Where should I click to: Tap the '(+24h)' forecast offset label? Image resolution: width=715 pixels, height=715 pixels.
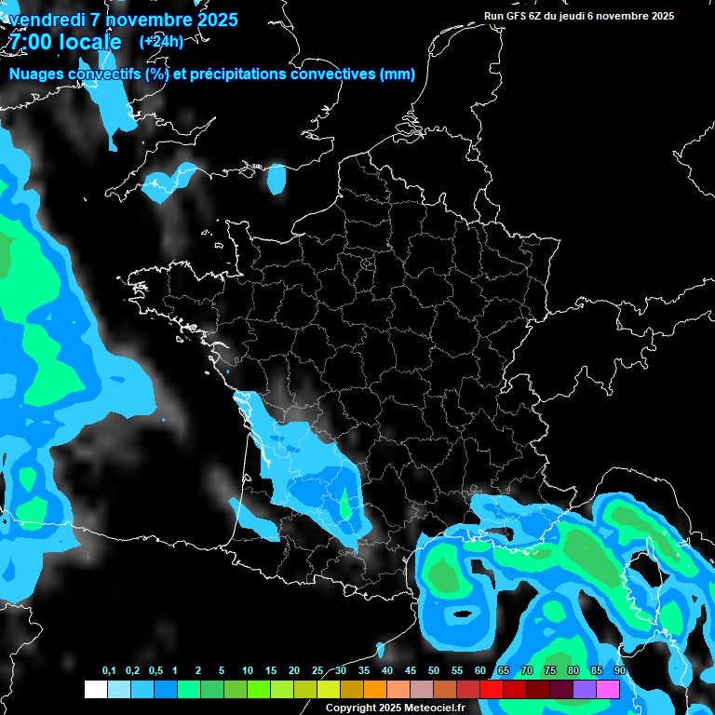(x=160, y=41)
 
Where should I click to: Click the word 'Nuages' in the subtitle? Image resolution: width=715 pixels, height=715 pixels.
(x=34, y=74)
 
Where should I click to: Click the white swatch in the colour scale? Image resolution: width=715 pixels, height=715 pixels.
(x=95, y=690)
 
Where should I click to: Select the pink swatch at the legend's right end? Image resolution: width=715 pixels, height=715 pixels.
(x=608, y=690)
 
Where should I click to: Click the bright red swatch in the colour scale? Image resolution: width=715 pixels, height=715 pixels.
(x=492, y=690)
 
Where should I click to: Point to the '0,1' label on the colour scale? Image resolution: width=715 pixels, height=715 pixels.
(x=109, y=671)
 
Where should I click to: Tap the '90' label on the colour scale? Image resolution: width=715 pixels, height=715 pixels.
(x=619, y=671)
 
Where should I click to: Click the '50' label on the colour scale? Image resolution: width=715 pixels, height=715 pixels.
(x=434, y=671)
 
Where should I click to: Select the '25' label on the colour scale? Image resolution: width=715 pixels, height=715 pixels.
(x=317, y=671)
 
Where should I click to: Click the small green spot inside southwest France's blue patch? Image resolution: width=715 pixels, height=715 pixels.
(x=346, y=507)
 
